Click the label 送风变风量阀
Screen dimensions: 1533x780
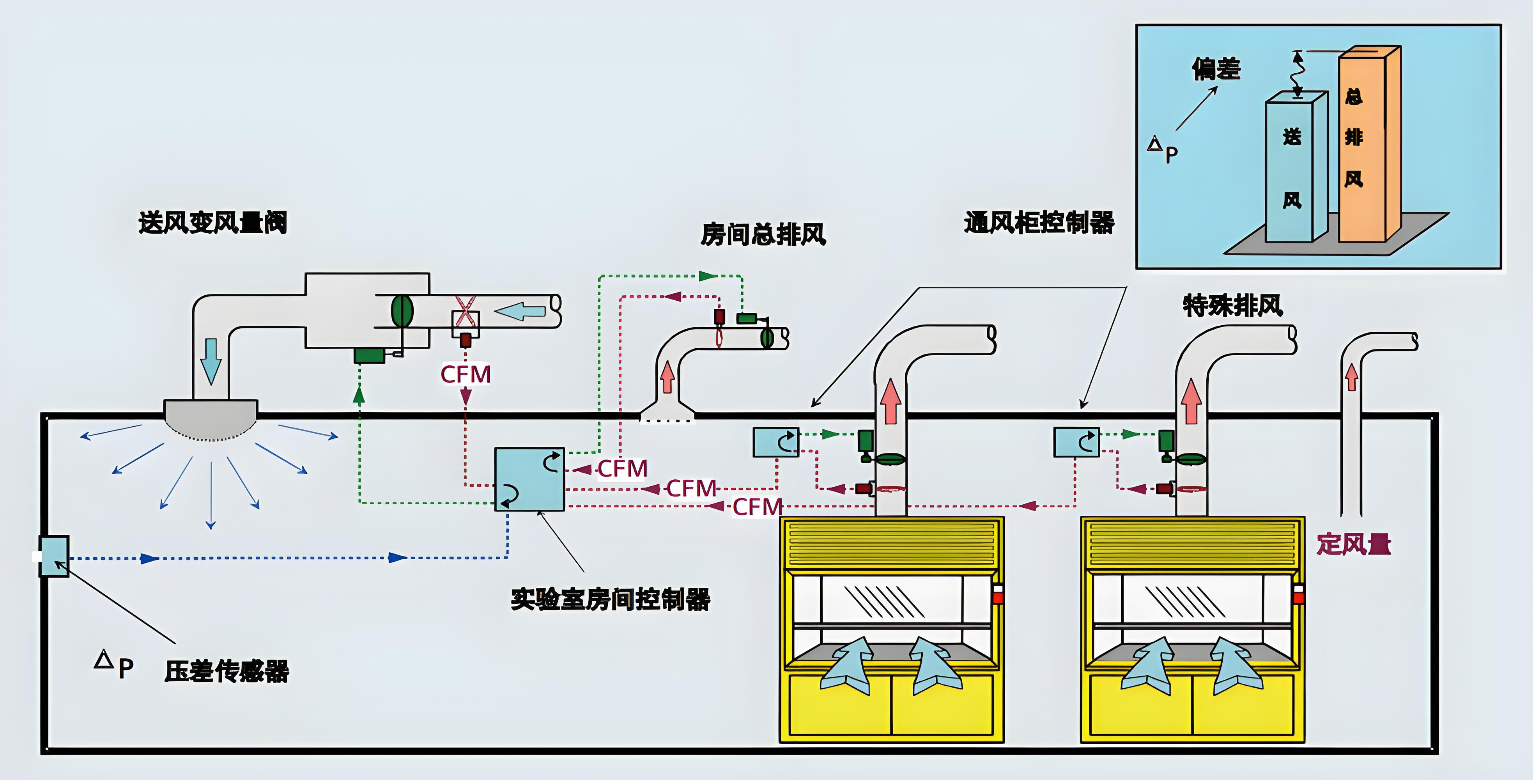pyautogui.click(x=212, y=223)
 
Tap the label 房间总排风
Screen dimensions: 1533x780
pyautogui.click(x=763, y=234)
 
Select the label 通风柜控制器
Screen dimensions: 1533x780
pyautogui.click(x=1039, y=223)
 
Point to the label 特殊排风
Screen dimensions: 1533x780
pyautogui.click(x=1232, y=305)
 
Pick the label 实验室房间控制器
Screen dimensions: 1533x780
pyautogui.click(x=611, y=599)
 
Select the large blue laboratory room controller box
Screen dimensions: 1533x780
pyautogui.click(x=529, y=479)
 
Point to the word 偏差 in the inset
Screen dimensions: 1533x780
pyautogui.click(x=1216, y=69)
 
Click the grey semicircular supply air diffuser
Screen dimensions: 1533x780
pyautogui.click(x=211, y=418)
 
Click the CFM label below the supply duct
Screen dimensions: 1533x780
pyautogui.click(x=466, y=374)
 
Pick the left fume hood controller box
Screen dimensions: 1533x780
pyautogui.click(x=776, y=442)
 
